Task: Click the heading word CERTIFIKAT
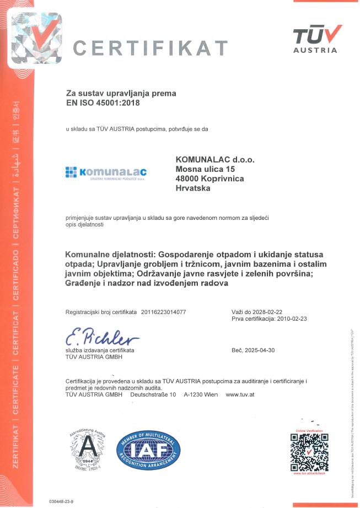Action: pyautogui.click(x=150, y=47)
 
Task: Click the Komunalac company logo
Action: pyautogui.click(x=105, y=173)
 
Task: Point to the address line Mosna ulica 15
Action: pyautogui.click(x=205, y=169)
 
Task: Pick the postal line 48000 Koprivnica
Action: pyautogui.click(x=209, y=179)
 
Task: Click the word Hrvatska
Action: pyautogui.click(x=193, y=188)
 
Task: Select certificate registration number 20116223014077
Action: pyautogui.click(x=164, y=312)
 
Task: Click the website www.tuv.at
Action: pyautogui.click(x=240, y=394)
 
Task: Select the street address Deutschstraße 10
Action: pyautogui.click(x=153, y=394)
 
